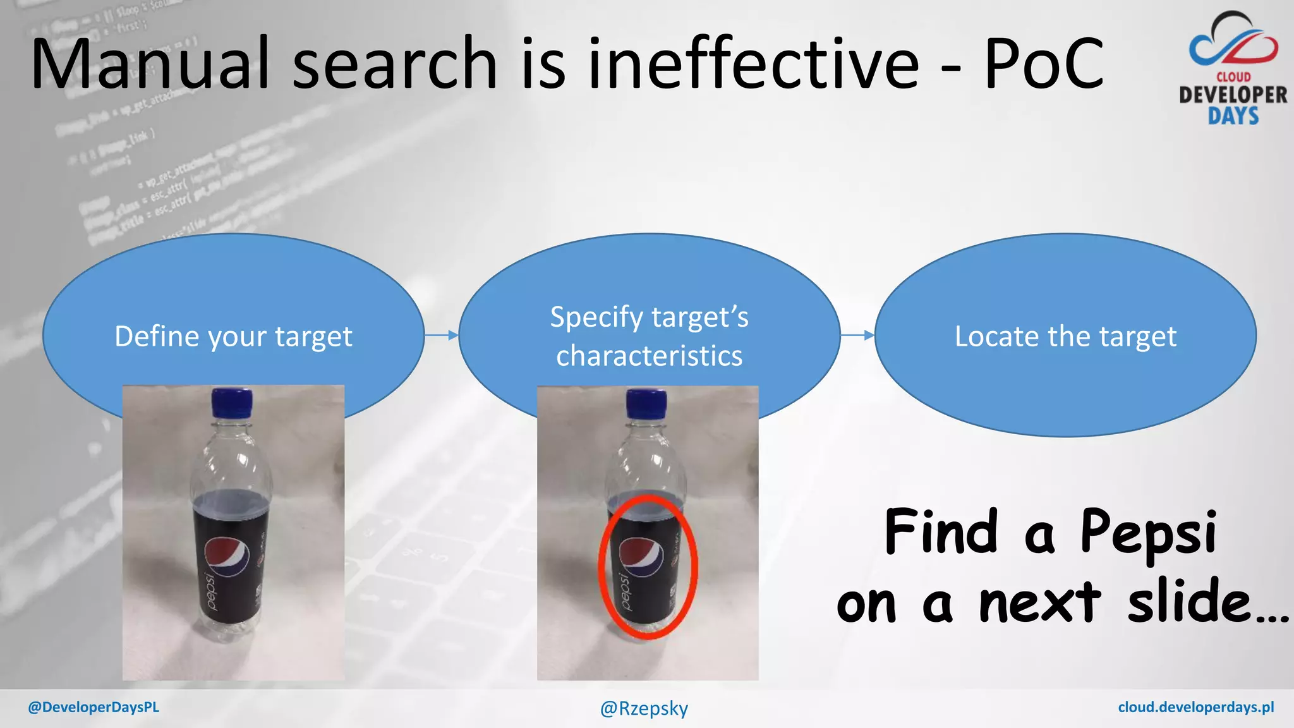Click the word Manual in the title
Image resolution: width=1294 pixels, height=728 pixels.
tap(150, 63)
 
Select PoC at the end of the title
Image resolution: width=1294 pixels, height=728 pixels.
tap(1044, 63)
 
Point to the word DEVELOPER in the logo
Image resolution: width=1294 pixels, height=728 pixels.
tap(1233, 95)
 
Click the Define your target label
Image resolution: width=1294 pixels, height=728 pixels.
tap(233, 337)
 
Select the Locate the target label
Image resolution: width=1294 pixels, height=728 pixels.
tap(1065, 337)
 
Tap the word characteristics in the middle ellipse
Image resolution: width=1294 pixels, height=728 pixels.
tap(649, 356)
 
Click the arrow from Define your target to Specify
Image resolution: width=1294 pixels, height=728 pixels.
tap(441, 335)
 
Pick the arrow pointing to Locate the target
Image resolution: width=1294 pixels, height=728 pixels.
tap(857, 335)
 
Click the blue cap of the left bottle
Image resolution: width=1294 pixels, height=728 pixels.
tap(232, 403)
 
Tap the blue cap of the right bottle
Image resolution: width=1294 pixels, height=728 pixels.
tap(646, 403)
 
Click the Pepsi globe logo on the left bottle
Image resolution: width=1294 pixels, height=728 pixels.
tap(226, 556)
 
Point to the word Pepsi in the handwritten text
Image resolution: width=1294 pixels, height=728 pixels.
tap(1148, 532)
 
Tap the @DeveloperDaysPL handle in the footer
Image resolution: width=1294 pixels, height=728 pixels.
tap(94, 707)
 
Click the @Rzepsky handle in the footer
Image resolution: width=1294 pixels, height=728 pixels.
tap(644, 708)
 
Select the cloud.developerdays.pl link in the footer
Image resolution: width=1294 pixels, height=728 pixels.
tap(1195, 707)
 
